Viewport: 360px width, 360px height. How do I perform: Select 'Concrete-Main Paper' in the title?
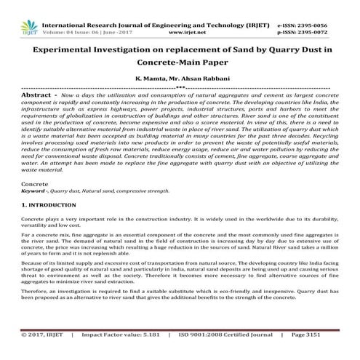coord(179,64)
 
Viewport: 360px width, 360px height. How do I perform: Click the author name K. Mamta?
coord(149,79)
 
